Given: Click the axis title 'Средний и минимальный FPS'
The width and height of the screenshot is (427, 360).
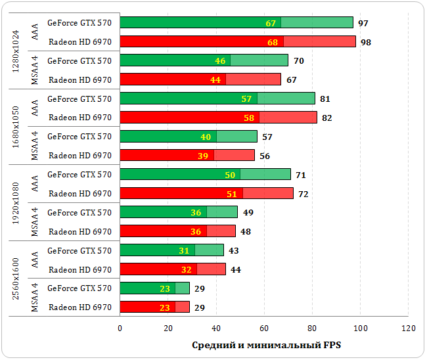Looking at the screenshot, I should pyautogui.click(x=267, y=346).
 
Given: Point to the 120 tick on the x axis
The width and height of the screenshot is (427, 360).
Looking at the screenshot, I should pyautogui.click(x=409, y=328).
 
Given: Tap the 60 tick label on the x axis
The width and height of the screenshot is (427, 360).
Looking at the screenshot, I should pyautogui.click(x=264, y=328).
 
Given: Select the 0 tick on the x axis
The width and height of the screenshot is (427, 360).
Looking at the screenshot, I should pyautogui.click(x=120, y=328).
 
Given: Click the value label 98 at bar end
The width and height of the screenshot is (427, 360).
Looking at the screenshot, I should pyautogui.click(x=366, y=42).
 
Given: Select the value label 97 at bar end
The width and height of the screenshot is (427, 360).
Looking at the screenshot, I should pyautogui.click(x=363, y=23).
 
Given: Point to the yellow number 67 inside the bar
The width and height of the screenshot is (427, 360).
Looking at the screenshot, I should pyautogui.click(x=271, y=23).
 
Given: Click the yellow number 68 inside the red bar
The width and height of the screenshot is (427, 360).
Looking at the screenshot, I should pyautogui.click(x=273, y=42).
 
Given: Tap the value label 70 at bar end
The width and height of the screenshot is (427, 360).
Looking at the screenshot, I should pyautogui.click(x=298, y=61).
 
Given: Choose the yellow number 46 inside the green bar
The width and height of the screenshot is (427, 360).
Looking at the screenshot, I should pyautogui.click(x=220, y=61).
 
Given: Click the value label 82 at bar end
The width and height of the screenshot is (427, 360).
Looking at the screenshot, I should pyautogui.click(x=327, y=118).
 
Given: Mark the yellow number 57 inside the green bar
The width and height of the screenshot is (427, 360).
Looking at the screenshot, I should pyautogui.click(x=246, y=99).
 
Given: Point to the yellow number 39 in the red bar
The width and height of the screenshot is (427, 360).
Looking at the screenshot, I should pyautogui.click(x=203, y=156).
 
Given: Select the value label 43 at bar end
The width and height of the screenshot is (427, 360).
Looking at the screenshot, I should pyautogui.click(x=234, y=251).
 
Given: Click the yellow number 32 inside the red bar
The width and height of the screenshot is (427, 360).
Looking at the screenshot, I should pyautogui.click(x=187, y=269).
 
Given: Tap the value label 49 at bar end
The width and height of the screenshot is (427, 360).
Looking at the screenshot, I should pyautogui.click(x=248, y=213).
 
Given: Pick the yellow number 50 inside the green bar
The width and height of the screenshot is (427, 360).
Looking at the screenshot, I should pyautogui.click(x=230, y=175).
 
